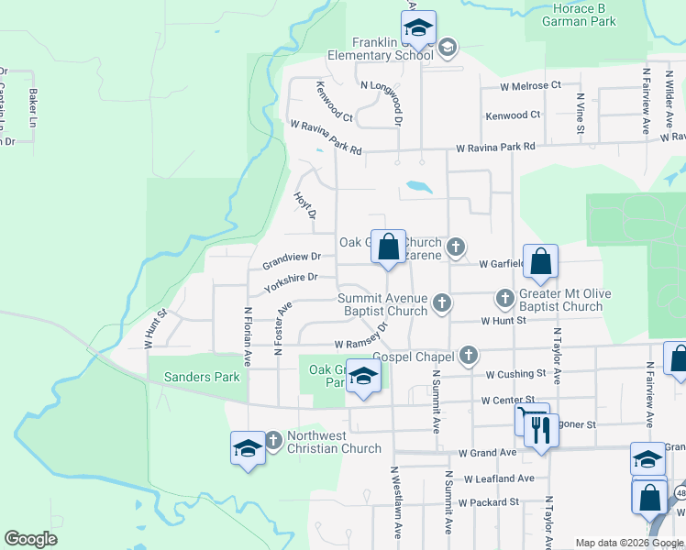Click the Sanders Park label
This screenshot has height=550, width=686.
[201, 377]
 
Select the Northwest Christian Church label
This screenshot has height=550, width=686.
[334, 442]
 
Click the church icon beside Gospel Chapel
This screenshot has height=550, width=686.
[469, 355]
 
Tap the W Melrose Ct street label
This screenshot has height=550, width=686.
[530, 85]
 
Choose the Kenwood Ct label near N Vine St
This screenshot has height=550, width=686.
[513, 115]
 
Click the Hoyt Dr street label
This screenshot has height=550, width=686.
[304, 206]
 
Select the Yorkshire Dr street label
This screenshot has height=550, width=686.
[291, 282]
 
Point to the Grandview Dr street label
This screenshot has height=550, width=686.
[292, 261]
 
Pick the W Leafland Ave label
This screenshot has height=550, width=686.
[498, 478]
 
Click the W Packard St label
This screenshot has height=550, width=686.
[489, 502]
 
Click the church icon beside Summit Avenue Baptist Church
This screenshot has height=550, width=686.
[442, 302]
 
